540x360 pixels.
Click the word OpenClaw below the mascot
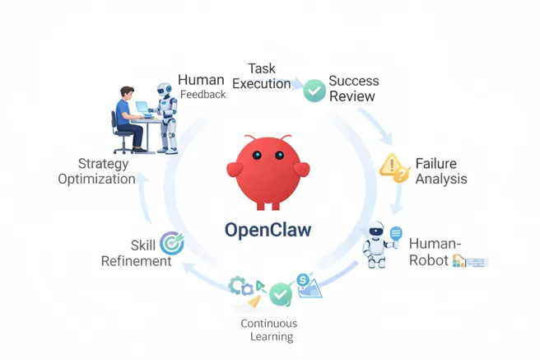pos(268,230)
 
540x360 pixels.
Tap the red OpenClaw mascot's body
pos(268,169)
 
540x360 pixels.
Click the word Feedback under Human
pos(202,95)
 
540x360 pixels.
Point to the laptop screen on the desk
pos(142,108)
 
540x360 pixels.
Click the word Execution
pos(261,83)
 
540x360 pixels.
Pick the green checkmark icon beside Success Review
pos(314,90)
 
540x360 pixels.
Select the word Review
pos(353,96)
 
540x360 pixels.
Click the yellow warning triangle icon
pos(393,167)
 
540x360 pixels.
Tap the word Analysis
pos(441,179)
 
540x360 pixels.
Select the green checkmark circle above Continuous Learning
pos(282,293)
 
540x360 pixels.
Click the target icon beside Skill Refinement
pos(172,243)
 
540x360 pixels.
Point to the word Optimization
pos(96,179)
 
